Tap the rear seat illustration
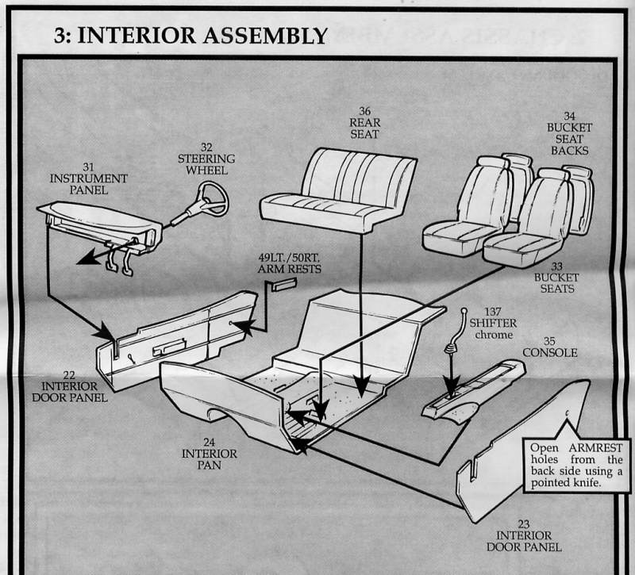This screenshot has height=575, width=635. [340, 188]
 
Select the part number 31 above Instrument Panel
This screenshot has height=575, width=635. [88, 167]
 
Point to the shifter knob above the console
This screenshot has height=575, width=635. [463, 310]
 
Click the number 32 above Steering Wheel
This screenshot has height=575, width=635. [206, 148]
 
